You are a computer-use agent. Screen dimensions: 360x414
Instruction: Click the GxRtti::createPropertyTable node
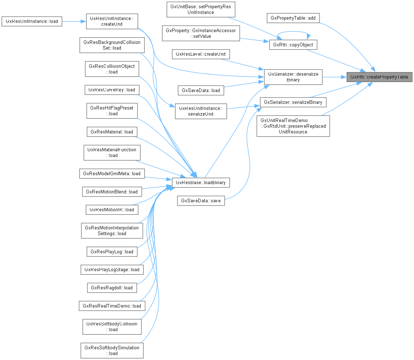click(x=379, y=77)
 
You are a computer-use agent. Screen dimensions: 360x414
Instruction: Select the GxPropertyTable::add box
click(x=293, y=18)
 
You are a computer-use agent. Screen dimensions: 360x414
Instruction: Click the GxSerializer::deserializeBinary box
click(x=293, y=77)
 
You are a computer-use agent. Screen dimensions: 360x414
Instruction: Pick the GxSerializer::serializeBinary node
click(x=293, y=102)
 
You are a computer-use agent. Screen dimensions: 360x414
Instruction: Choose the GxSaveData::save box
click(x=201, y=201)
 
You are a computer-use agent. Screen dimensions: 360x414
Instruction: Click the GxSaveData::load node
click(x=201, y=90)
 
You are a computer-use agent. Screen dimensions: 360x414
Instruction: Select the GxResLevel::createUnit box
click(x=201, y=54)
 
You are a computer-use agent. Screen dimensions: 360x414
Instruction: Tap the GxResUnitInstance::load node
click(x=32, y=21)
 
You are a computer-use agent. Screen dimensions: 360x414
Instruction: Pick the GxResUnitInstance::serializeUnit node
click(x=201, y=111)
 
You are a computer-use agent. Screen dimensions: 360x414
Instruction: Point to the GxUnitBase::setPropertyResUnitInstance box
click(x=201, y=9)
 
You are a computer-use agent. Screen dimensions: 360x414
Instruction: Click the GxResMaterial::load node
click(x=112, y=132)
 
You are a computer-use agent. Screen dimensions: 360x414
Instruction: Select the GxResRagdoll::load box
click(x=112, y=287)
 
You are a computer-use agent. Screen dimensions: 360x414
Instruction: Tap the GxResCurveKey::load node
click(x=112, y=90)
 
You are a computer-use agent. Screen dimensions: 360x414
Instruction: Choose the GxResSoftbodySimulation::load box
click(x=112, y=350)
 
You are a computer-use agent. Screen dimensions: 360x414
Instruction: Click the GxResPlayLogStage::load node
click(x=112, y=269)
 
